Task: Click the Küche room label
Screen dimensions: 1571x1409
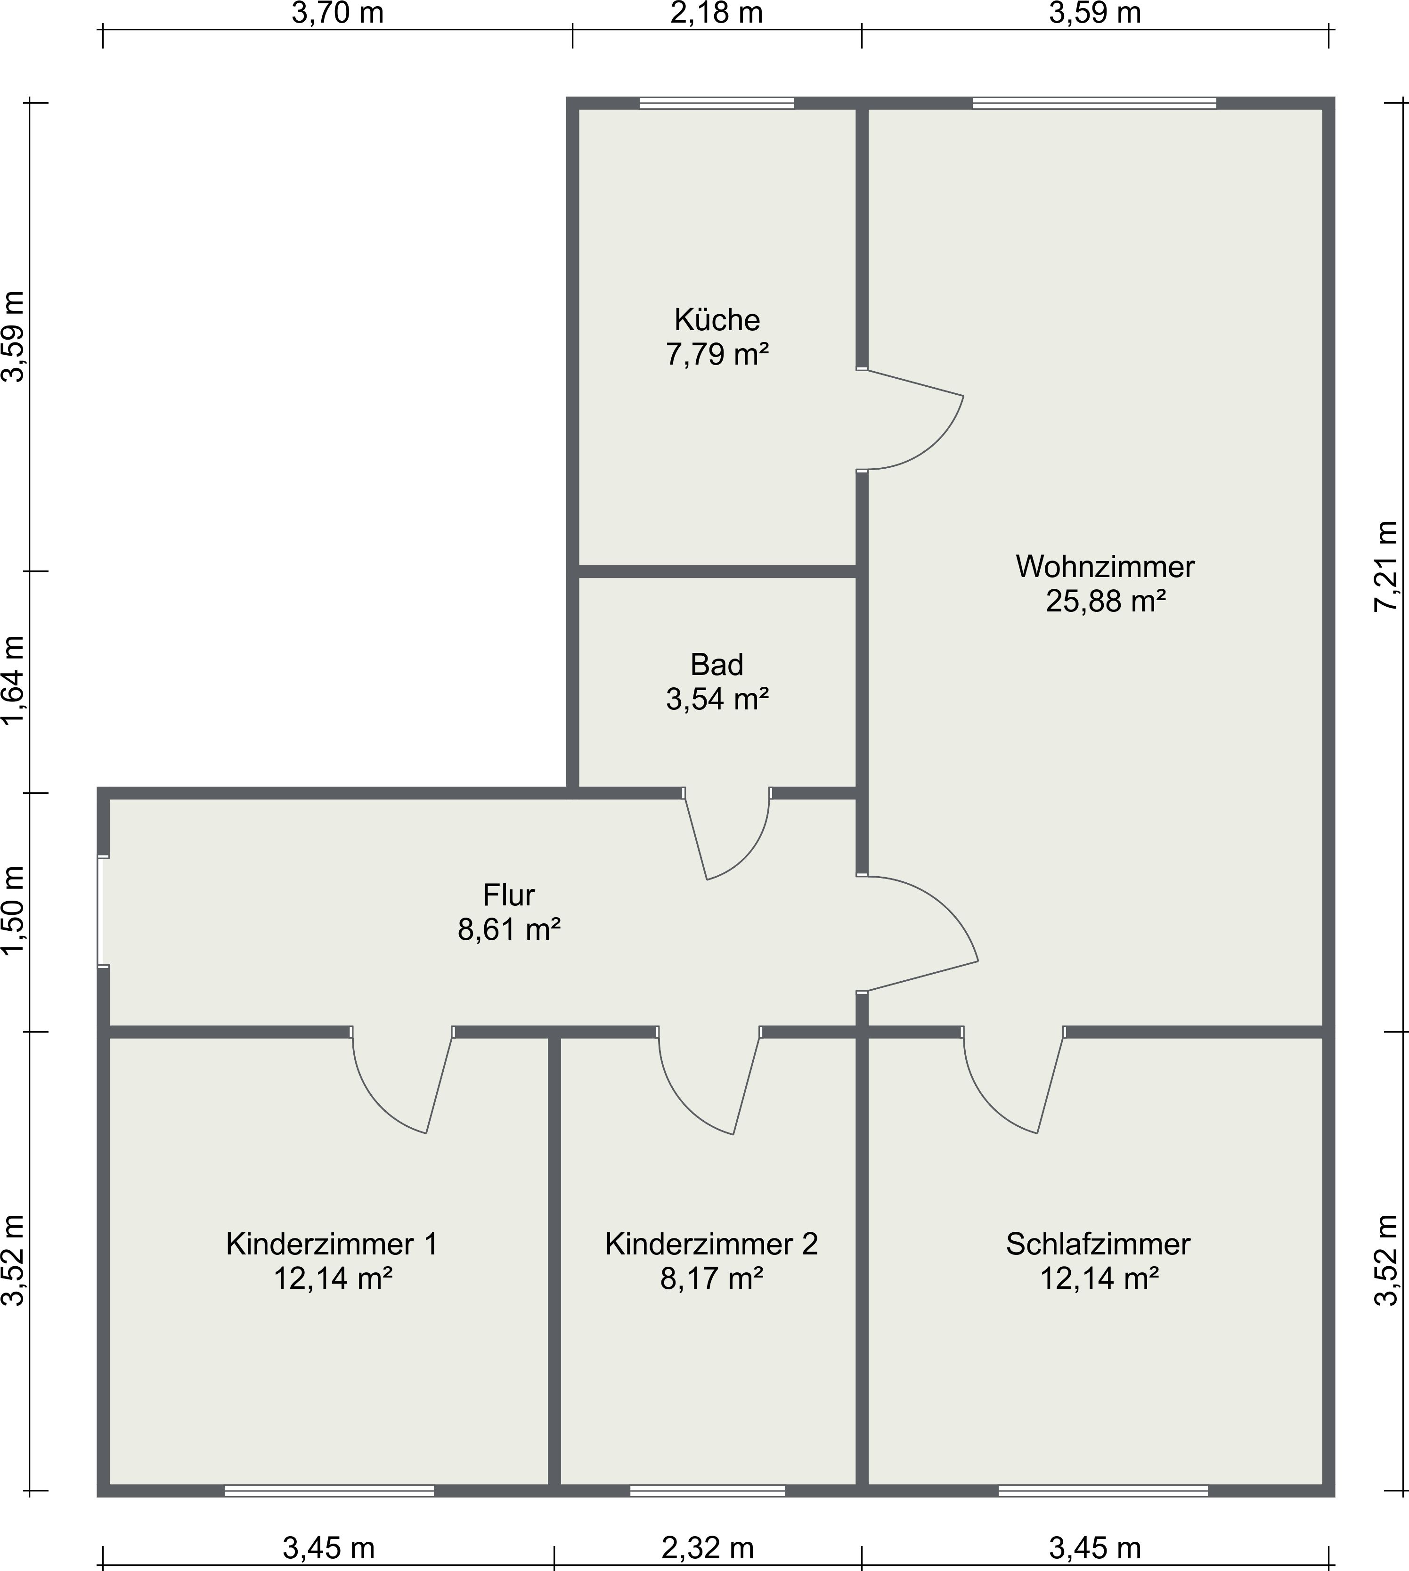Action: click(x=717, y=320)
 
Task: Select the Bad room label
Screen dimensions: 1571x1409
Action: click(x=717, y=664)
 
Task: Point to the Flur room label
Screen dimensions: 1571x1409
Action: click(x=509, y=895)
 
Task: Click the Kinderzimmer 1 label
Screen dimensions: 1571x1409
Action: click(x=332, y=1244)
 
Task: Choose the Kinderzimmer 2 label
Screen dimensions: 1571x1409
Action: click(x=711, y=1244)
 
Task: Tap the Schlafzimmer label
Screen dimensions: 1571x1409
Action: click(x=1098, y=1244)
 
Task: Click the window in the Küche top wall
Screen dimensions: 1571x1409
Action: click(x=717, y=103)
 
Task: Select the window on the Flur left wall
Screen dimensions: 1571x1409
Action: click(x=103, y=912)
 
